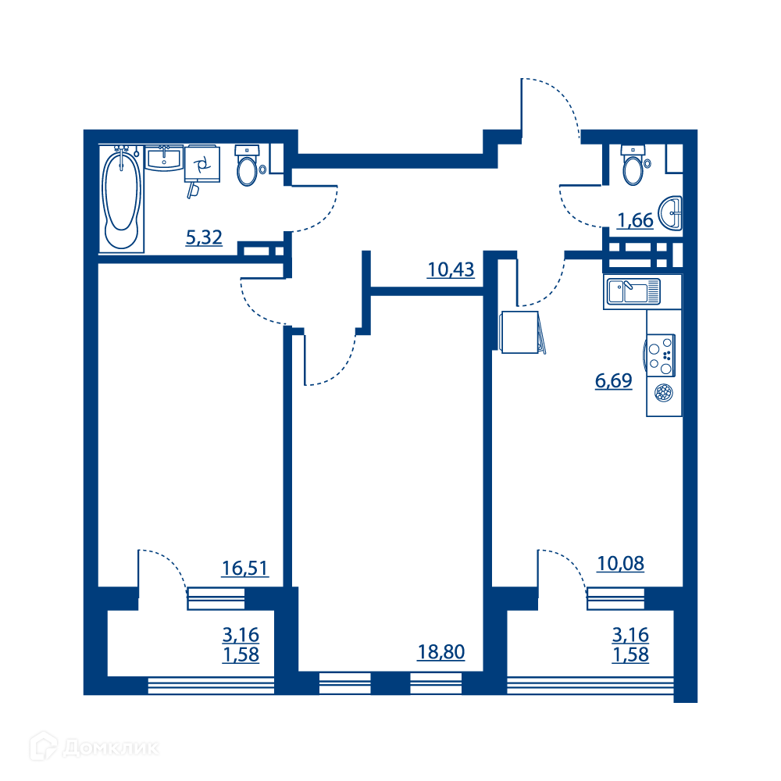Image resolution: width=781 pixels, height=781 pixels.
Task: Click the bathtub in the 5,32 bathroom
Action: tap(121, 198)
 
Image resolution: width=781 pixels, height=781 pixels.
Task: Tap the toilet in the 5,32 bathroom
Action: tap(247, 166)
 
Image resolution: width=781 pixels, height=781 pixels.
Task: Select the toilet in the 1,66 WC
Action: tap(634, 165)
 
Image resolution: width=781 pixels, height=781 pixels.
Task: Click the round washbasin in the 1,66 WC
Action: tap(670, 213)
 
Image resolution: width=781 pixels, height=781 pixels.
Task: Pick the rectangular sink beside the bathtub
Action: tap(164, 158)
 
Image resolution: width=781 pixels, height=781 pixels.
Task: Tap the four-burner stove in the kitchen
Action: tap(659, 355)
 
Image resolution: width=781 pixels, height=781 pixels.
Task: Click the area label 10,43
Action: tap(451, 269)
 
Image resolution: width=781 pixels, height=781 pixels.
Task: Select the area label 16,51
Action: tap(245, 568)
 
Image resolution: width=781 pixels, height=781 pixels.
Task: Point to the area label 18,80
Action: tap(441, 651)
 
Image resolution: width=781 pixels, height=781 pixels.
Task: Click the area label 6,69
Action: tap(614, 380)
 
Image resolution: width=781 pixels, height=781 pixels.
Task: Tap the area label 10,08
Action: tap(621, 563)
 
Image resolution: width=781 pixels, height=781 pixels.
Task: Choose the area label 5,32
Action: tap(204, 237)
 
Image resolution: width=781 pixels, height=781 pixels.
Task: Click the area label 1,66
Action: tap(635, 220)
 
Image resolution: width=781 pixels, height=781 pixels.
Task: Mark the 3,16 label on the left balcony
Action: tap(241, 634)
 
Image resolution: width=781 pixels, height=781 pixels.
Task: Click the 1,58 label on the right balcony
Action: tap(630, 654)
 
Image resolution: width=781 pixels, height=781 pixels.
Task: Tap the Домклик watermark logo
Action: tap(95, 747)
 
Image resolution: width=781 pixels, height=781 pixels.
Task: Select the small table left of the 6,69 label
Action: tap(520, 332)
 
